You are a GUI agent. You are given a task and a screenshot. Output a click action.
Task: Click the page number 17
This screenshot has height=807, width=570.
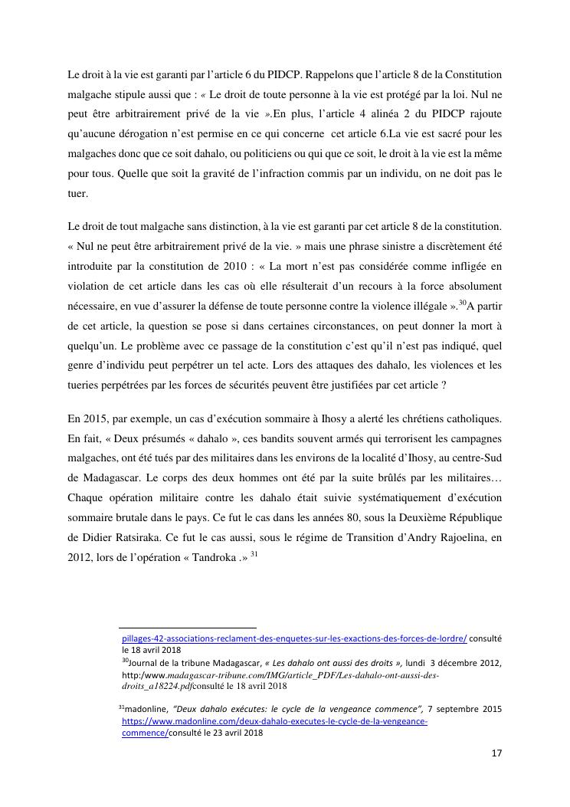496,753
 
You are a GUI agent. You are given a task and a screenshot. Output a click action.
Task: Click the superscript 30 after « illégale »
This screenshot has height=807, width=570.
462,302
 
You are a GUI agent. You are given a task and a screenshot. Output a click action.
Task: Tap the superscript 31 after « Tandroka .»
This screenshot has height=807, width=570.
255,557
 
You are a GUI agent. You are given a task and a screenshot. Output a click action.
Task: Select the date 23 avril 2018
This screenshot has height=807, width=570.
226,733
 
